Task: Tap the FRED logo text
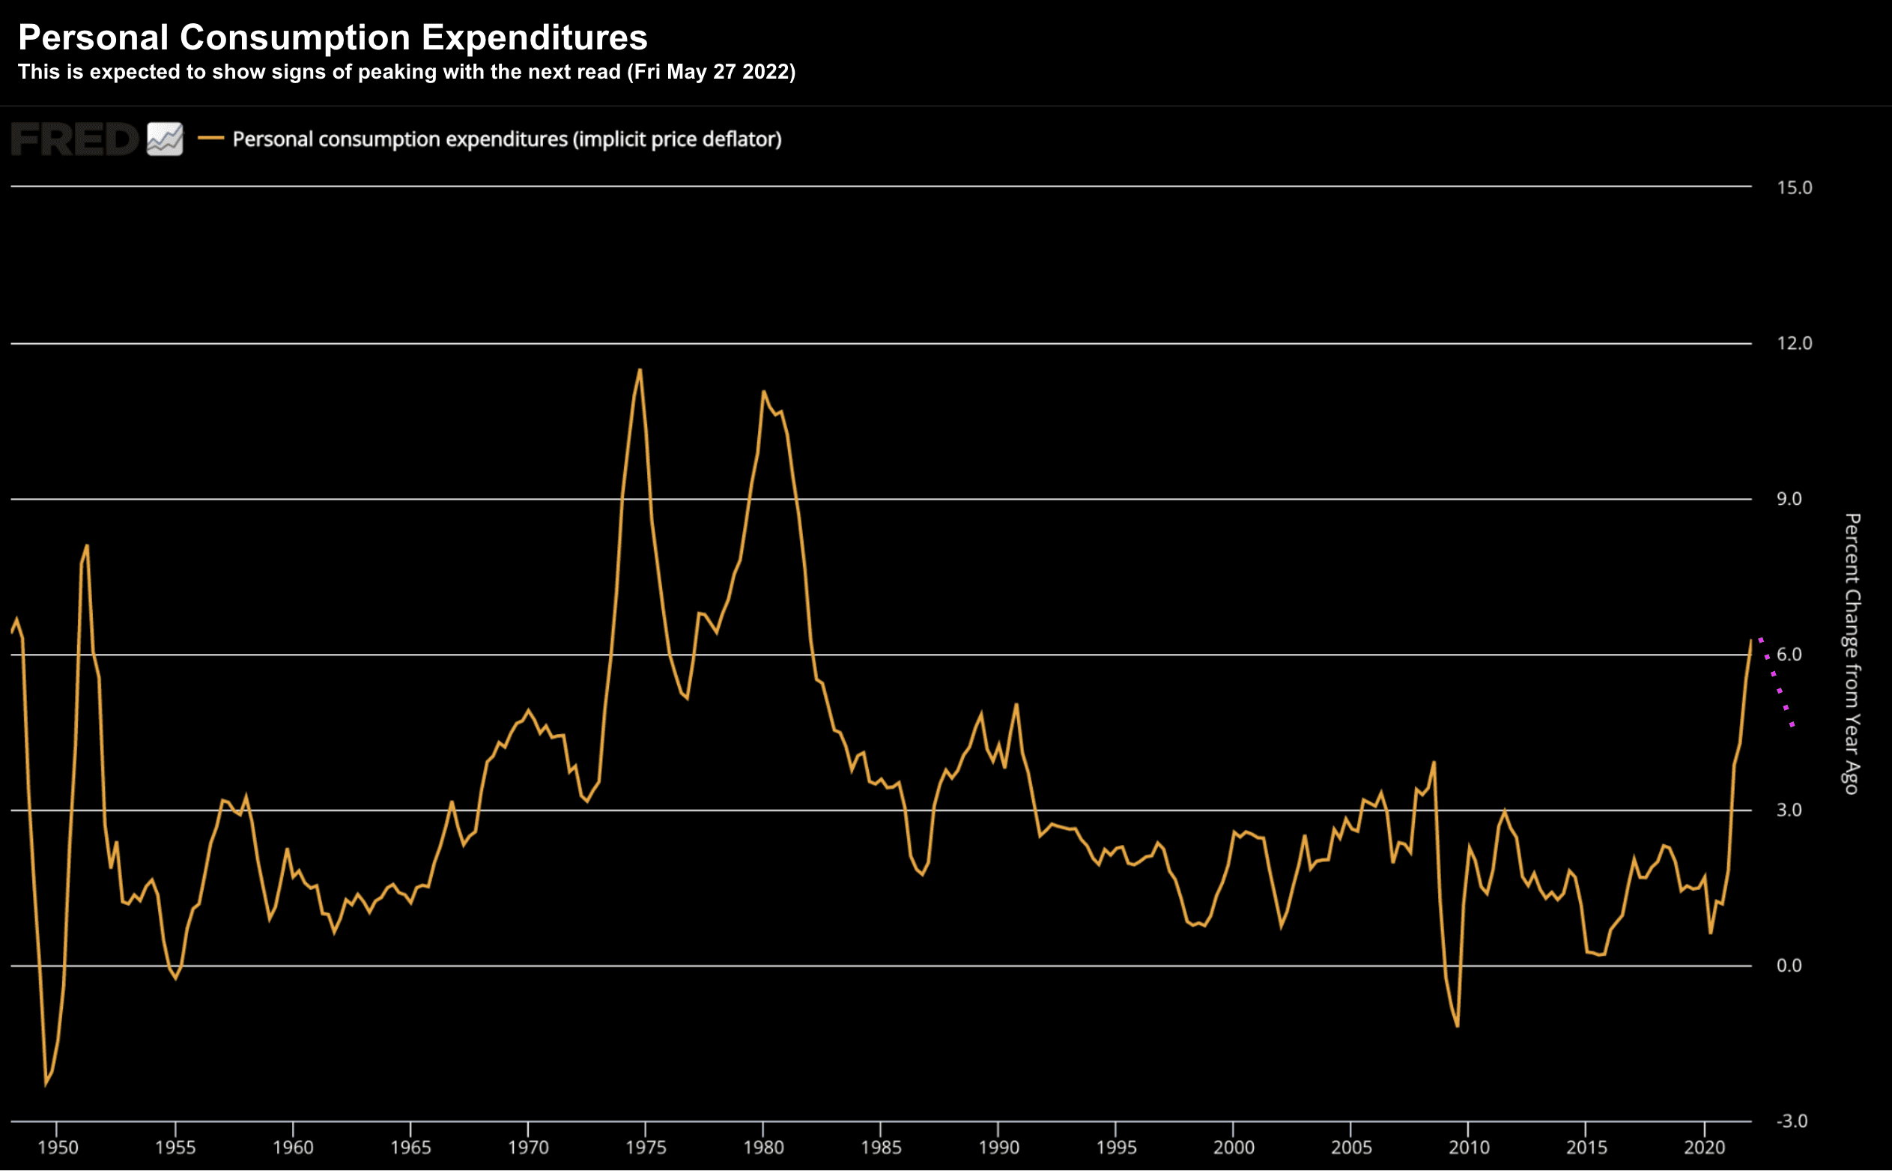[74, 139]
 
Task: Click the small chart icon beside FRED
[165, 139]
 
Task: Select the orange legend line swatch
[210, 139]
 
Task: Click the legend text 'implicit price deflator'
[676, 139]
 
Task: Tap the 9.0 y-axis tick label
[1789, 499]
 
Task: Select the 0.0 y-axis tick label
[1789, 965]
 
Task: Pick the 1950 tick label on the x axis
[58, 1148]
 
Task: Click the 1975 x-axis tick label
[646, 1148]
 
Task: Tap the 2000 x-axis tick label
[1234, 1148]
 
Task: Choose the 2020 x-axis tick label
[1703, 1148]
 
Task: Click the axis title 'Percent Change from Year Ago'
[1852, 653]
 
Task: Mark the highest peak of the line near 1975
[640, 370]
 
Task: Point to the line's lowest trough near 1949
[46, 1084]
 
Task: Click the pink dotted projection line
[1777, 682]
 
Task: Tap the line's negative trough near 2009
[1458, 1025]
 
